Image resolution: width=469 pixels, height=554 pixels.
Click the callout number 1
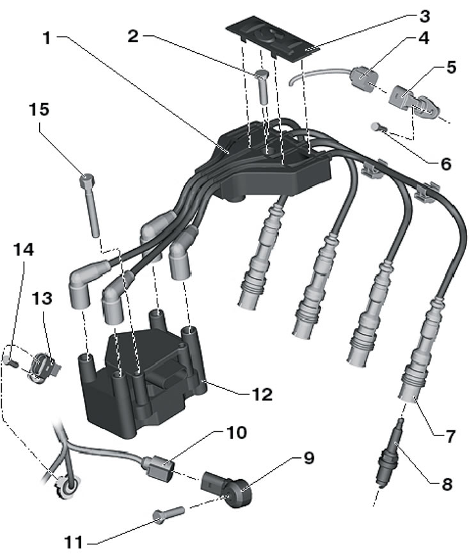pyautogui.click(x=46, y=39)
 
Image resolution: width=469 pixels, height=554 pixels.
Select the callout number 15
pyautogui.click(x=38, y=110)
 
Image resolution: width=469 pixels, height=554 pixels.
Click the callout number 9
pyautogui.click(x=310, y=459)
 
